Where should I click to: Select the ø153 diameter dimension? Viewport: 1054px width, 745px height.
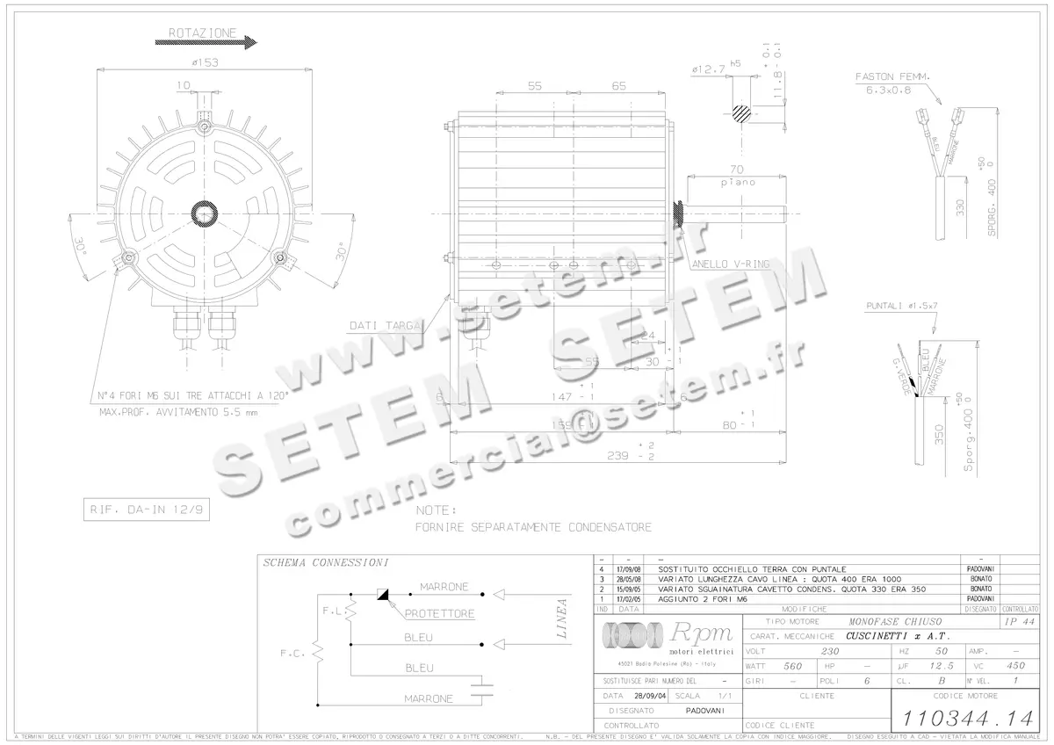point(205,61)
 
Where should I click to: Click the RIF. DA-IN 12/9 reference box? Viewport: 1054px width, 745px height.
point(146,509)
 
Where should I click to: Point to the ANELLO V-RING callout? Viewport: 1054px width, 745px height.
point(729,264)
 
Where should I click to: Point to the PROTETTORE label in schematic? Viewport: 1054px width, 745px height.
point(440,613)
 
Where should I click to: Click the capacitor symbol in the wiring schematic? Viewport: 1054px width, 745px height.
point(480,687)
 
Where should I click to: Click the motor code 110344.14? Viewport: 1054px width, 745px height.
point(961,716)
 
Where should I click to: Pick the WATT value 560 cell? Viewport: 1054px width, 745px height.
point(792,666)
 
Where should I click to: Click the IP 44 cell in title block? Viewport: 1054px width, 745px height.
point(1017,620)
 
